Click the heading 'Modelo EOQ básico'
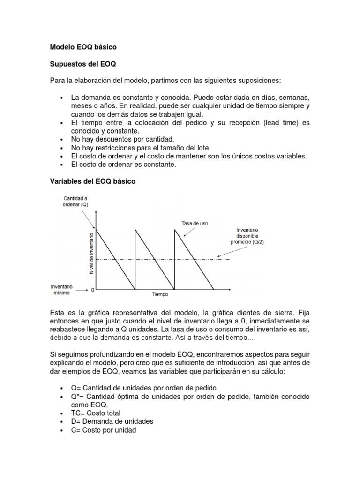(x=83, y=47)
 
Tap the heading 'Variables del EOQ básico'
(x=92, y=181)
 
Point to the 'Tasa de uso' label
(x=194, y=223)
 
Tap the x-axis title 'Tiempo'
(x=159, y=295)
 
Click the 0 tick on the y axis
(x=92, y=290)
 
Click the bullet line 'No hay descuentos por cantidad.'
(x=122, y=139)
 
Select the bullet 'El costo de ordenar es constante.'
(x=124, y=165)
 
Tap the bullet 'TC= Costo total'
(x=96, y=413)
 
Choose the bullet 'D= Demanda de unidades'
(x=112, y=421)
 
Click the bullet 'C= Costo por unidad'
(x=104, y=430)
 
